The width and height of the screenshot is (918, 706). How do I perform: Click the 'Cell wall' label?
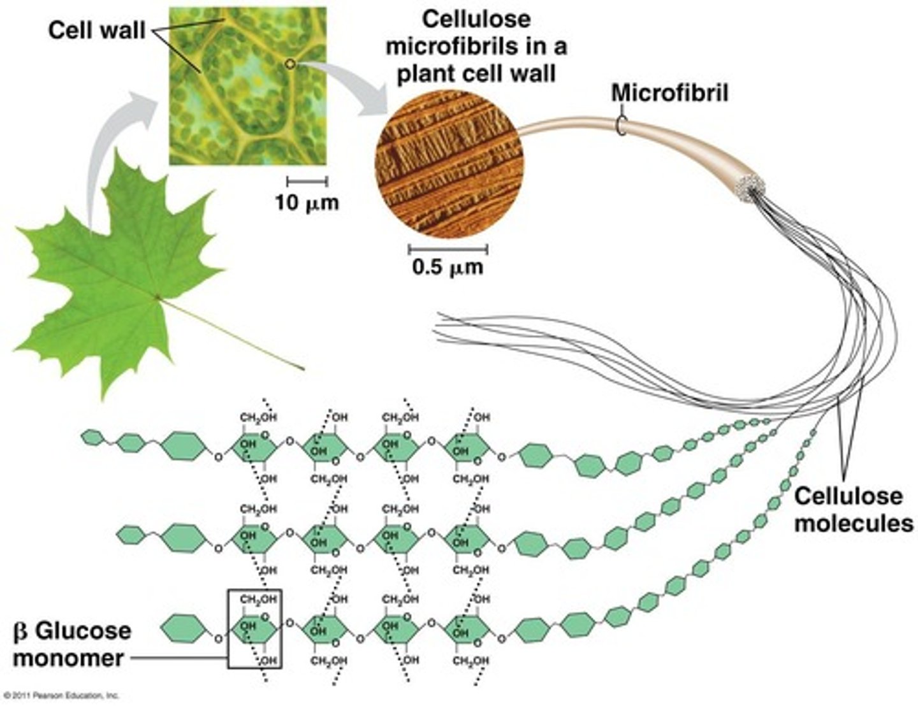97,30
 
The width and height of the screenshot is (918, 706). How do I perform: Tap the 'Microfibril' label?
669,93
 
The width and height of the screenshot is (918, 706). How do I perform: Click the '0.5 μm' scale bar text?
448,266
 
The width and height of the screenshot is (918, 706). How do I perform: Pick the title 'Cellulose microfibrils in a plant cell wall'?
477,46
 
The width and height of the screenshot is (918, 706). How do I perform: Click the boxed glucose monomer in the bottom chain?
254,629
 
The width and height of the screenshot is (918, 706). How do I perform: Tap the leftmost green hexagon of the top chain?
92,438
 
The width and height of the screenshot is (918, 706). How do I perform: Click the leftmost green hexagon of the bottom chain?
186,628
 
